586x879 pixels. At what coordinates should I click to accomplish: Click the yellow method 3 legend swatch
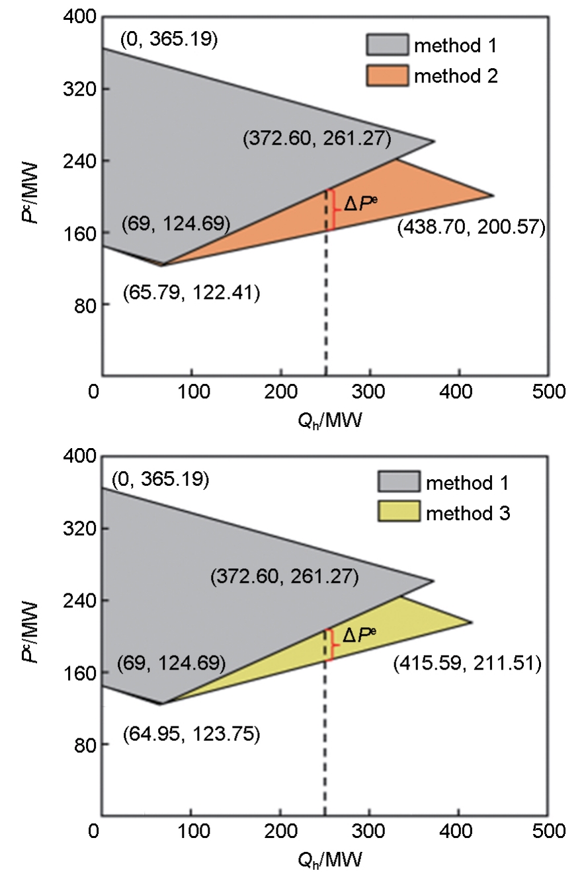[398, 512]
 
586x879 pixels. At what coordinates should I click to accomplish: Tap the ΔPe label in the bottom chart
[360, 636]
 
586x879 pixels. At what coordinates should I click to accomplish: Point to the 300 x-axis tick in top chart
[371, 391]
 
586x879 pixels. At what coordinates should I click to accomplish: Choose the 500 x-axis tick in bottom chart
[551, 830]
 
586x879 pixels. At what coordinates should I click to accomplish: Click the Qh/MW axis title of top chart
[329, 420]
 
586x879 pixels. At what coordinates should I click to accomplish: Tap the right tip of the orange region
[493, 195]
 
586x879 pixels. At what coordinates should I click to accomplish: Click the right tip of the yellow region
[472, 622]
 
